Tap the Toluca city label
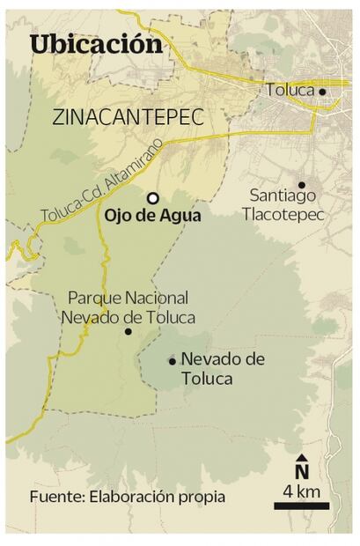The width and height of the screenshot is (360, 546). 290,90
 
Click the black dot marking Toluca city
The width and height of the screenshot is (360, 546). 322,91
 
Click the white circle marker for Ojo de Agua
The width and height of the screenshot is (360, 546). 153,198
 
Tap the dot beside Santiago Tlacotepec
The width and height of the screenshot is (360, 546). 301,185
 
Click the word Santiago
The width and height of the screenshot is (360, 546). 278,197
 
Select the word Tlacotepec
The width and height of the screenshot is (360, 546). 286,216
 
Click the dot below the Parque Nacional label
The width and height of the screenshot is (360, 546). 129,332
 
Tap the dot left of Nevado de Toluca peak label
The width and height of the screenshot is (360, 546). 172,360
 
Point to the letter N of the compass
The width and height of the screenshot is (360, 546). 302,473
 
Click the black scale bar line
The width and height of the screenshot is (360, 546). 301,505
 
